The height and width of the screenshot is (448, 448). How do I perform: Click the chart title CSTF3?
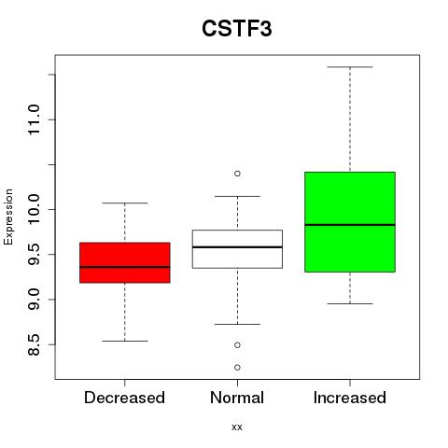pos(237,29)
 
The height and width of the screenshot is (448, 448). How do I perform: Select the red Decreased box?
pos(125,262)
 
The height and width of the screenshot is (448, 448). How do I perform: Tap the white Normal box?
pos(237,249)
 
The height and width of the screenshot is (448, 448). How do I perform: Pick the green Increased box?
pos(350,222)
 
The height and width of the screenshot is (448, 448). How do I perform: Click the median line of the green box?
pos(350,225)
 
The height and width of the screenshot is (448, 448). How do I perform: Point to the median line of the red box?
pos(125,267)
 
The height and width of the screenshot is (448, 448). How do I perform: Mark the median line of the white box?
pos(237,247)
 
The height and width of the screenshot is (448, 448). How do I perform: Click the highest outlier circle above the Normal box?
pos(237,174)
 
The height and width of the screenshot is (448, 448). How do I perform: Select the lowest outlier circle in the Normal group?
pos(237,368)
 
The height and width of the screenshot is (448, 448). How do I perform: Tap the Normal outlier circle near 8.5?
pos(237,345)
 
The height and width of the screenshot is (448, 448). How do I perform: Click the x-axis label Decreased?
pos(124,398)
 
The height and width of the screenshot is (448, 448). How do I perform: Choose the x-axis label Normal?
pos(237,398)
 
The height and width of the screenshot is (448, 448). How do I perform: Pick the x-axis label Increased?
pos(350,398)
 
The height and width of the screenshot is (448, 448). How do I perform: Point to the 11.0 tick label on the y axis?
pos(34,119)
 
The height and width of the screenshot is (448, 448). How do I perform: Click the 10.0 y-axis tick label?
pos(34,209)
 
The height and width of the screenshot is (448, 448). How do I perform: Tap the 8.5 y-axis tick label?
pos(34,344)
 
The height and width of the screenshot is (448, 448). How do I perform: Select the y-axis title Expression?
pos(8,217)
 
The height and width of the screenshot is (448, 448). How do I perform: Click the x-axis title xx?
pos(237,427)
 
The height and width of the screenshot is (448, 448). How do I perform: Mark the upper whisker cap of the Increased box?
pos(350,67)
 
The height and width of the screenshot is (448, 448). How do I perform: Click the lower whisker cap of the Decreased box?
pos(125,342)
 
